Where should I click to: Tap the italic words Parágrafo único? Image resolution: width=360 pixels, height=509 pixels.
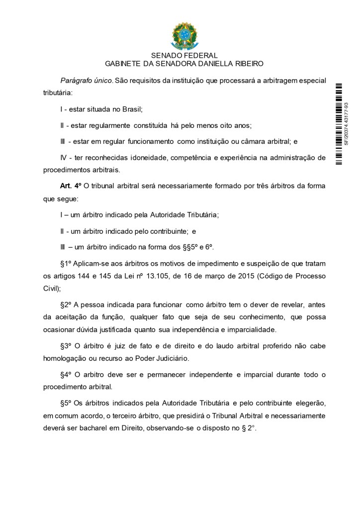point(87,81)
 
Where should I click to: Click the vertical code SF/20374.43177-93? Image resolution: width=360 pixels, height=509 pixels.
point(347,123)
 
